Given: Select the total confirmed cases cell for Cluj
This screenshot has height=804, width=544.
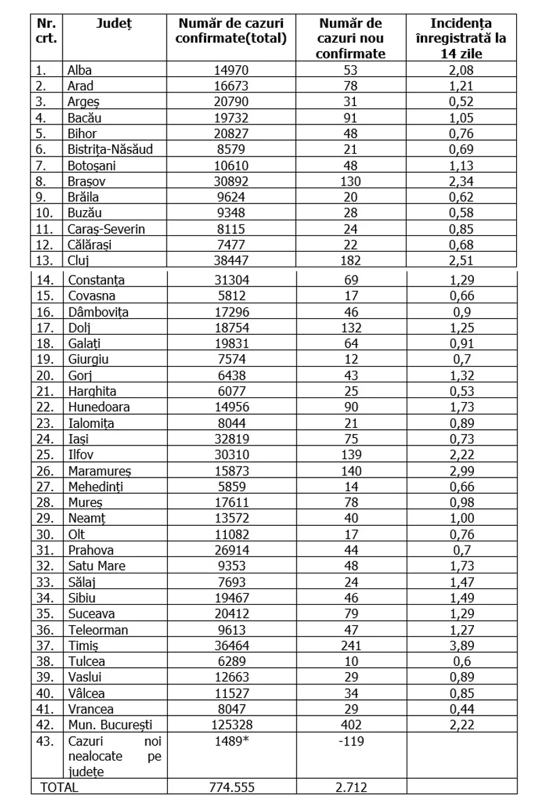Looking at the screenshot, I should [x=231, y=260].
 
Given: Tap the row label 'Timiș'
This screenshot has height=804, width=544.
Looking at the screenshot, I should [x=83, y=645].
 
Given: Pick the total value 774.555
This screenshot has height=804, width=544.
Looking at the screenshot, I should [x=231, y=787].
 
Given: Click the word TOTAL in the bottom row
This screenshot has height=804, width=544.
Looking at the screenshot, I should [x=60, y=787].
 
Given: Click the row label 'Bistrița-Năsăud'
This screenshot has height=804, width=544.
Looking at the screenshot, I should [x=110, y=150].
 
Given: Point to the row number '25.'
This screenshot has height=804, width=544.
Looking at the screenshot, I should [x=44, y=454].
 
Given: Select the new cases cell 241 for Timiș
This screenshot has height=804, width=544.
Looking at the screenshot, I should [x=351, y=645].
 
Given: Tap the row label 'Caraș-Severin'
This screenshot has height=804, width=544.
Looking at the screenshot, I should [x=106, y=229].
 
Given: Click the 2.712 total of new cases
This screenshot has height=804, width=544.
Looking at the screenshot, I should [x=351, y=787].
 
